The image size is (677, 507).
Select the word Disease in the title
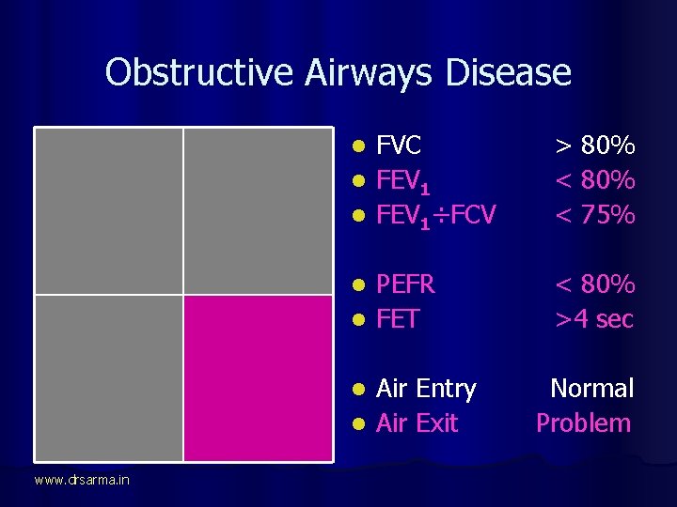[x=508, y=72]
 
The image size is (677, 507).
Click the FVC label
[x=399, y=146]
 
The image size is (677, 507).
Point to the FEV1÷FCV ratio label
[x=435, y=216]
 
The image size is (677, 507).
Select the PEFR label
[x=406, y=284]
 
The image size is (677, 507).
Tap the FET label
[x=397, y=319]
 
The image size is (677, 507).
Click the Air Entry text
[x=426, y=389]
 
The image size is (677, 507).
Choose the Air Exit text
[x=417, y=423]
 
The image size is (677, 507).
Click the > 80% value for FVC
[x=594, y=146]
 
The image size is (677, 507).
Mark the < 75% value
[x=594, y=216]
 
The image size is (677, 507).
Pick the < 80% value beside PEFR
[x=594, y=284]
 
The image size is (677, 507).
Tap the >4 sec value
[x=594, y=319]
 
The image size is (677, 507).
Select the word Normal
[x=591, y=389]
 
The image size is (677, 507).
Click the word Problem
[x=583, y=423]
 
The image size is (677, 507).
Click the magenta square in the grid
[x=258, y=377]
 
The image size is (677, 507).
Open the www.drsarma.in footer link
[x=82, y=481]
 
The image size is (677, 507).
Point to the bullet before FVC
[x=358, y=146]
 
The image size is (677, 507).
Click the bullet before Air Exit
[x=358, y=424]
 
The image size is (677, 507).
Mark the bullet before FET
[x=358, y=320]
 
